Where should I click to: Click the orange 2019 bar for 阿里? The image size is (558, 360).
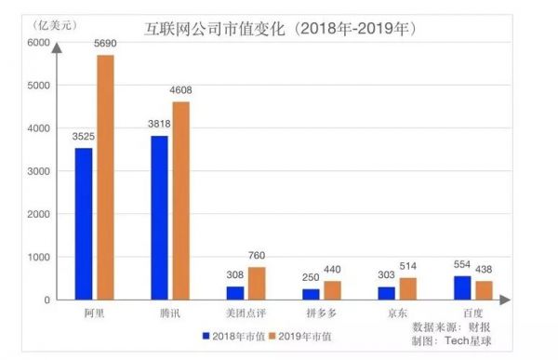tap(105, 177)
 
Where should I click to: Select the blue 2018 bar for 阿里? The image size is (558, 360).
tap(84, 223)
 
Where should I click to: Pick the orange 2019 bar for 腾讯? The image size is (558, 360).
tap(180, 200)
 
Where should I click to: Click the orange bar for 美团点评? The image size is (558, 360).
tap(256, 283)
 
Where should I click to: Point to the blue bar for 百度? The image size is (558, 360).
tap(462, 287)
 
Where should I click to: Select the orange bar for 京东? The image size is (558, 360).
tap(407, 288)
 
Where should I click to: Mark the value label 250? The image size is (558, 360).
tap(309, 278)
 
